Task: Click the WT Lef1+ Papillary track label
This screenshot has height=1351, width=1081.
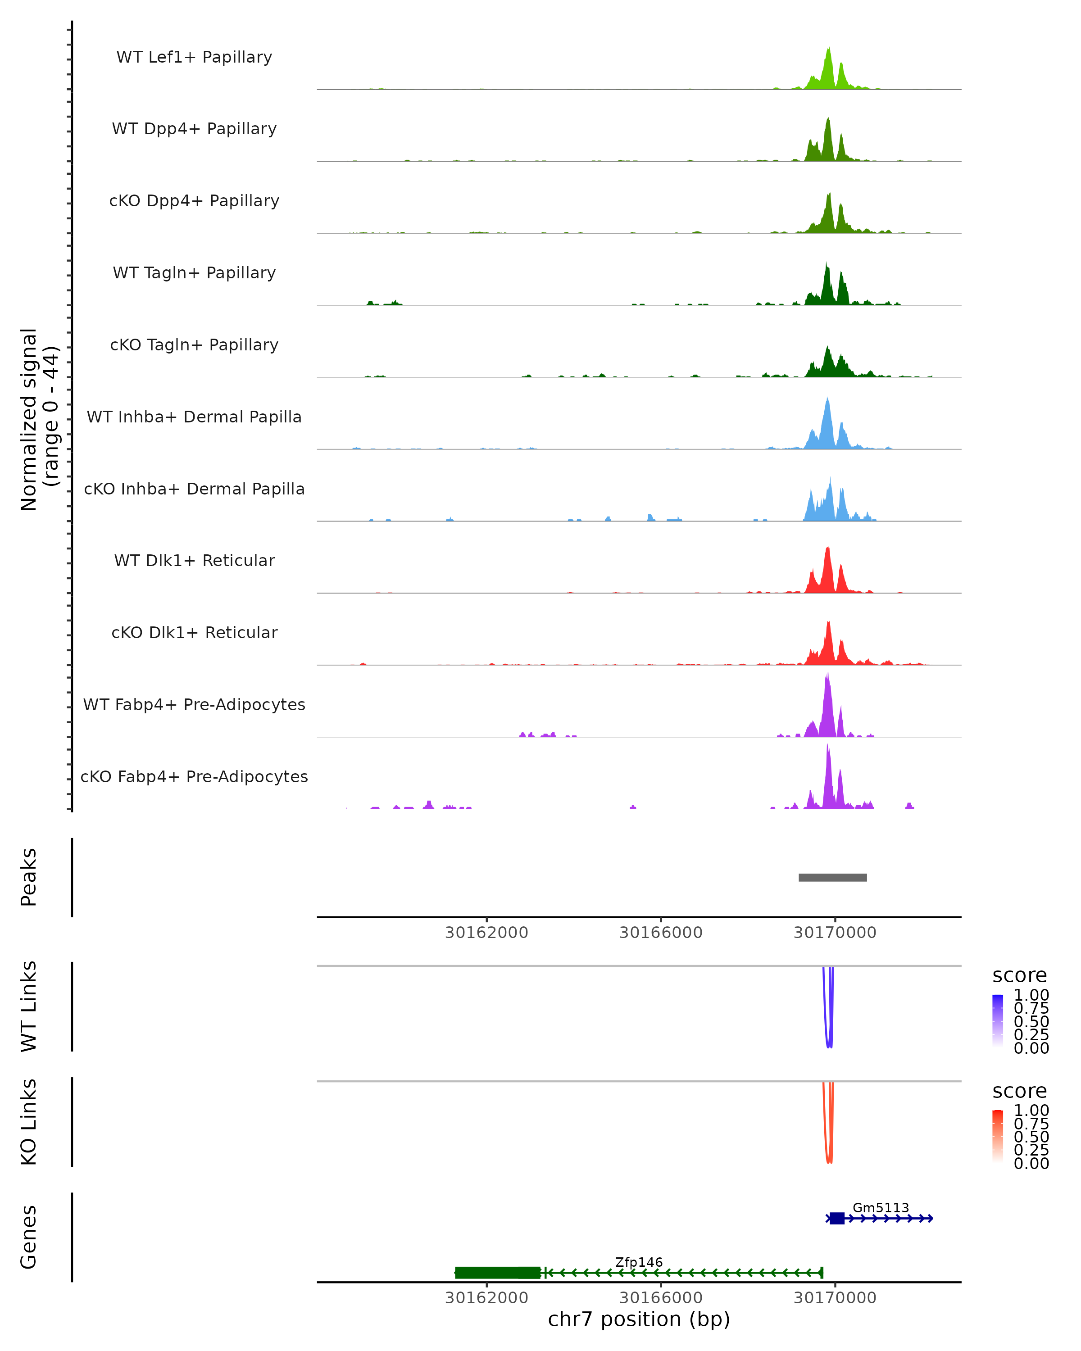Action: [194, 57]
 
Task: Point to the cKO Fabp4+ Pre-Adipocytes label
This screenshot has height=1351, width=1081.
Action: [194, 776]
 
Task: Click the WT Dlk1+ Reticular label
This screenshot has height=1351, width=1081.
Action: [194, 560]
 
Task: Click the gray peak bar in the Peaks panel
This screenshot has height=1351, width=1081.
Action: [832, 877]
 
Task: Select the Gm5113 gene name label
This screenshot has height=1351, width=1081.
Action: [881, 1207]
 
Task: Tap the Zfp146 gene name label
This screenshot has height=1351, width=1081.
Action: [639, 1262]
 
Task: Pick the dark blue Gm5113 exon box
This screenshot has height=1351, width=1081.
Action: [836, 1218]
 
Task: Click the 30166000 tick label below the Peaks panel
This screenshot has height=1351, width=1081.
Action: [660, 933]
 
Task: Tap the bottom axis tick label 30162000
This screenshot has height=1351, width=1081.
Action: [486, 1298]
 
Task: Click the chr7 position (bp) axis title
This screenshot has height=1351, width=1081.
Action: [639, 1319]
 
